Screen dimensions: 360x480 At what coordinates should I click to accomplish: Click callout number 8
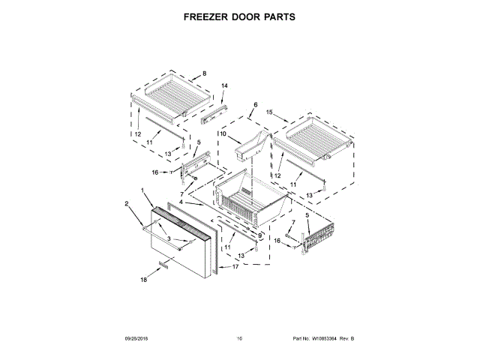203,74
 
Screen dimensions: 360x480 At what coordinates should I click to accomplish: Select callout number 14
224,85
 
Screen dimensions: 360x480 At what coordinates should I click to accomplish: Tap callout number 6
255,104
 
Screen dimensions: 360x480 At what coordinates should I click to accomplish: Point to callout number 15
271,115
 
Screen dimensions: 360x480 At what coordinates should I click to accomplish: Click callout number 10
223,133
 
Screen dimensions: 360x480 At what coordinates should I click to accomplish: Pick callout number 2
126,202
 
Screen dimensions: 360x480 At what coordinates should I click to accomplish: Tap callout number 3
169,238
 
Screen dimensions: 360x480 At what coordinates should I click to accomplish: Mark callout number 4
180,202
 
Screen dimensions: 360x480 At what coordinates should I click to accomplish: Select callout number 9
260,235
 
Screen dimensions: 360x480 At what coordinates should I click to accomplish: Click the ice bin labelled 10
250,145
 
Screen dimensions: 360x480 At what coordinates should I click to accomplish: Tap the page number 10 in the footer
239,339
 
